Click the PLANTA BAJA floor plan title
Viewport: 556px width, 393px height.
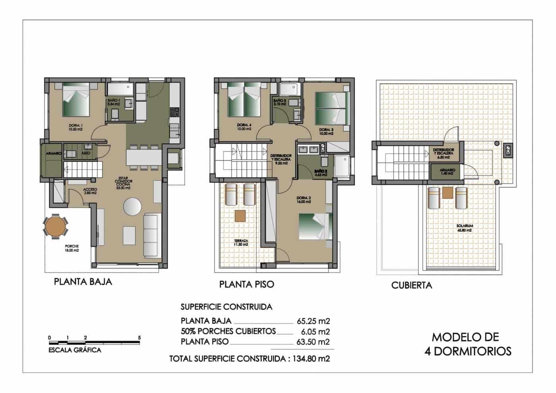83,282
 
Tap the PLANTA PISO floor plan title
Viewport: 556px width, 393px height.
247,285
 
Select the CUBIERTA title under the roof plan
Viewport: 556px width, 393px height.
411,285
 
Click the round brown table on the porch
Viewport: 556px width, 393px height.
56,227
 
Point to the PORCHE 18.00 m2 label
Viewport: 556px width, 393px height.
72,248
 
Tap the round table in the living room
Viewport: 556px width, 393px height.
132,206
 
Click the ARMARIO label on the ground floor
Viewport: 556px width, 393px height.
53,153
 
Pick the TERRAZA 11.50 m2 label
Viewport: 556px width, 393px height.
241,242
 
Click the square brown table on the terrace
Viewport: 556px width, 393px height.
240,216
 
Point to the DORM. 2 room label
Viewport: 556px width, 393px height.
303,200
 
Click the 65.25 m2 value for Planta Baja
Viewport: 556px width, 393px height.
313,321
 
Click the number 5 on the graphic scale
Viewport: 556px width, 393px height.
139,338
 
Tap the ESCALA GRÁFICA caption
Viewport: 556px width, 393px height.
75,350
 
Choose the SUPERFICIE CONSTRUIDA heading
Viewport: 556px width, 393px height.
226,307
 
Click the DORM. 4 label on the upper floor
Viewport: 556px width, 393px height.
244,127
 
